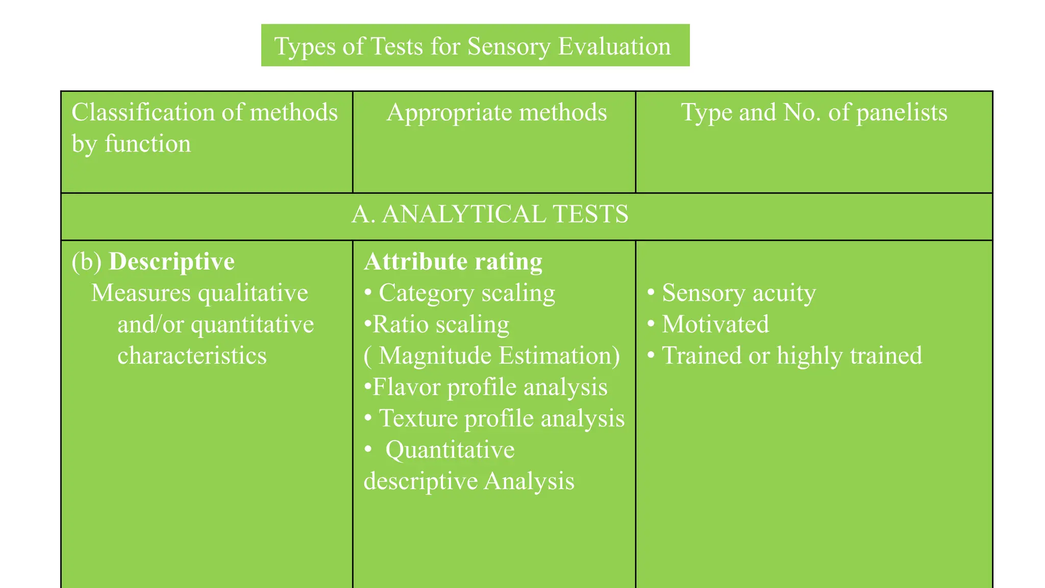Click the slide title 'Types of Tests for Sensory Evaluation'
[472, 46]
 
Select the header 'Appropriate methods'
[496, 112]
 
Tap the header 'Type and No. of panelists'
[814, 112]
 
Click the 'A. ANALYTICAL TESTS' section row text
[490, 214]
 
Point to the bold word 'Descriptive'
[171, 261]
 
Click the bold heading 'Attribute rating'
[453, 261]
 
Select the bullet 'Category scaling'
[466, 293]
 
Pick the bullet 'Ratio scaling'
[440, 325]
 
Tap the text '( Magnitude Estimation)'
[492, 356]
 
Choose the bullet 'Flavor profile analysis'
[489, 387]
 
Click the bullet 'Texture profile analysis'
[501, 419]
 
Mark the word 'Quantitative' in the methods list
[450, 450]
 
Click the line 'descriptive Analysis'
[469, 481]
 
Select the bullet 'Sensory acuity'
[738, 293]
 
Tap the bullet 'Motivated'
[715, 325]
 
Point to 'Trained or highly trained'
[791, 356]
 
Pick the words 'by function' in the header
[131, 144]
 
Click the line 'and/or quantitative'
[215, 325]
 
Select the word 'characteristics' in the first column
[192, 356]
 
